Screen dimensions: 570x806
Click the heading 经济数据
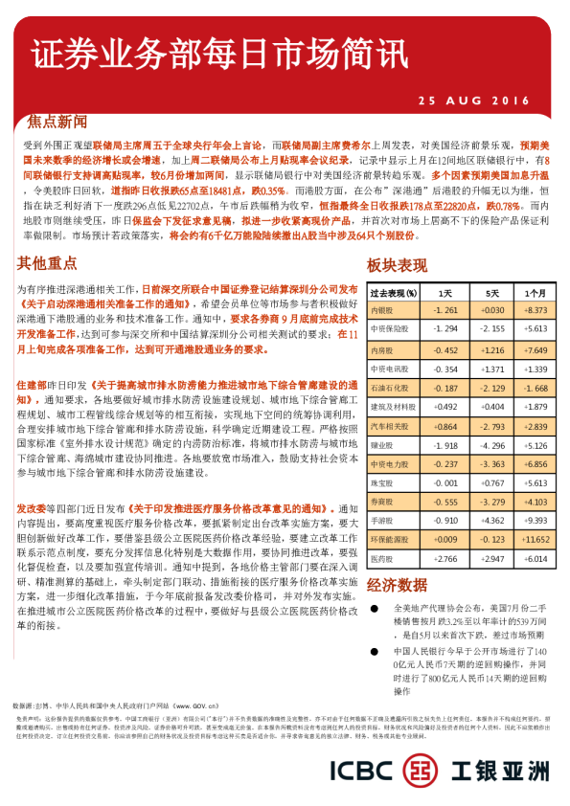398,585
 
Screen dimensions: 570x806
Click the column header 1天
445,292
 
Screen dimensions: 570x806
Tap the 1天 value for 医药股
445,558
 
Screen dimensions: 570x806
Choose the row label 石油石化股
387,387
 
